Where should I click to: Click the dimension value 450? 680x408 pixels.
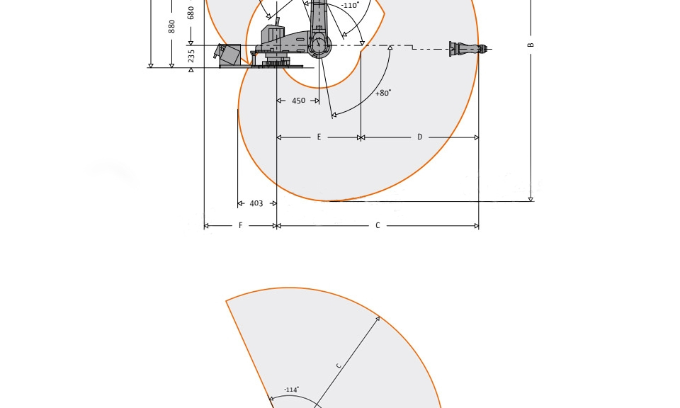(x=298, y=101)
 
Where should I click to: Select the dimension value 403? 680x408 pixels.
(x=256, y=203)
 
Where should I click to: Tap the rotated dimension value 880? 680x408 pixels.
(x=171, y=26)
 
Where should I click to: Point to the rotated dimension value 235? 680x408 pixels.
(x=191, y=56)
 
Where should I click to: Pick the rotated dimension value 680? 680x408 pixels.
(x=191, y=13)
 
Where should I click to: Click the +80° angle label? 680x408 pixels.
(x=383, y=93)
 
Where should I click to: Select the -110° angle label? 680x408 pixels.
(x=350, y=5)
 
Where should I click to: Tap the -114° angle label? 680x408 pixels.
(x=291, y=390)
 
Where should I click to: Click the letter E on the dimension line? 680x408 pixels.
(x=319, y=137)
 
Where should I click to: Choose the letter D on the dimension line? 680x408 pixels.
(x=420, y=137)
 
